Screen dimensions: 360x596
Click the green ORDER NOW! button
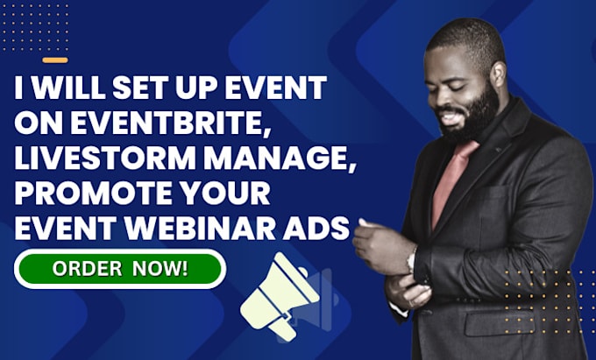click(x=120, y=267)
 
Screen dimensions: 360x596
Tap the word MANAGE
click(x=264, y=159)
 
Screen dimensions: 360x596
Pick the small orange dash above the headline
click(x=54, y=60)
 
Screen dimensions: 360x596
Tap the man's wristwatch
click(x=412, y=260)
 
